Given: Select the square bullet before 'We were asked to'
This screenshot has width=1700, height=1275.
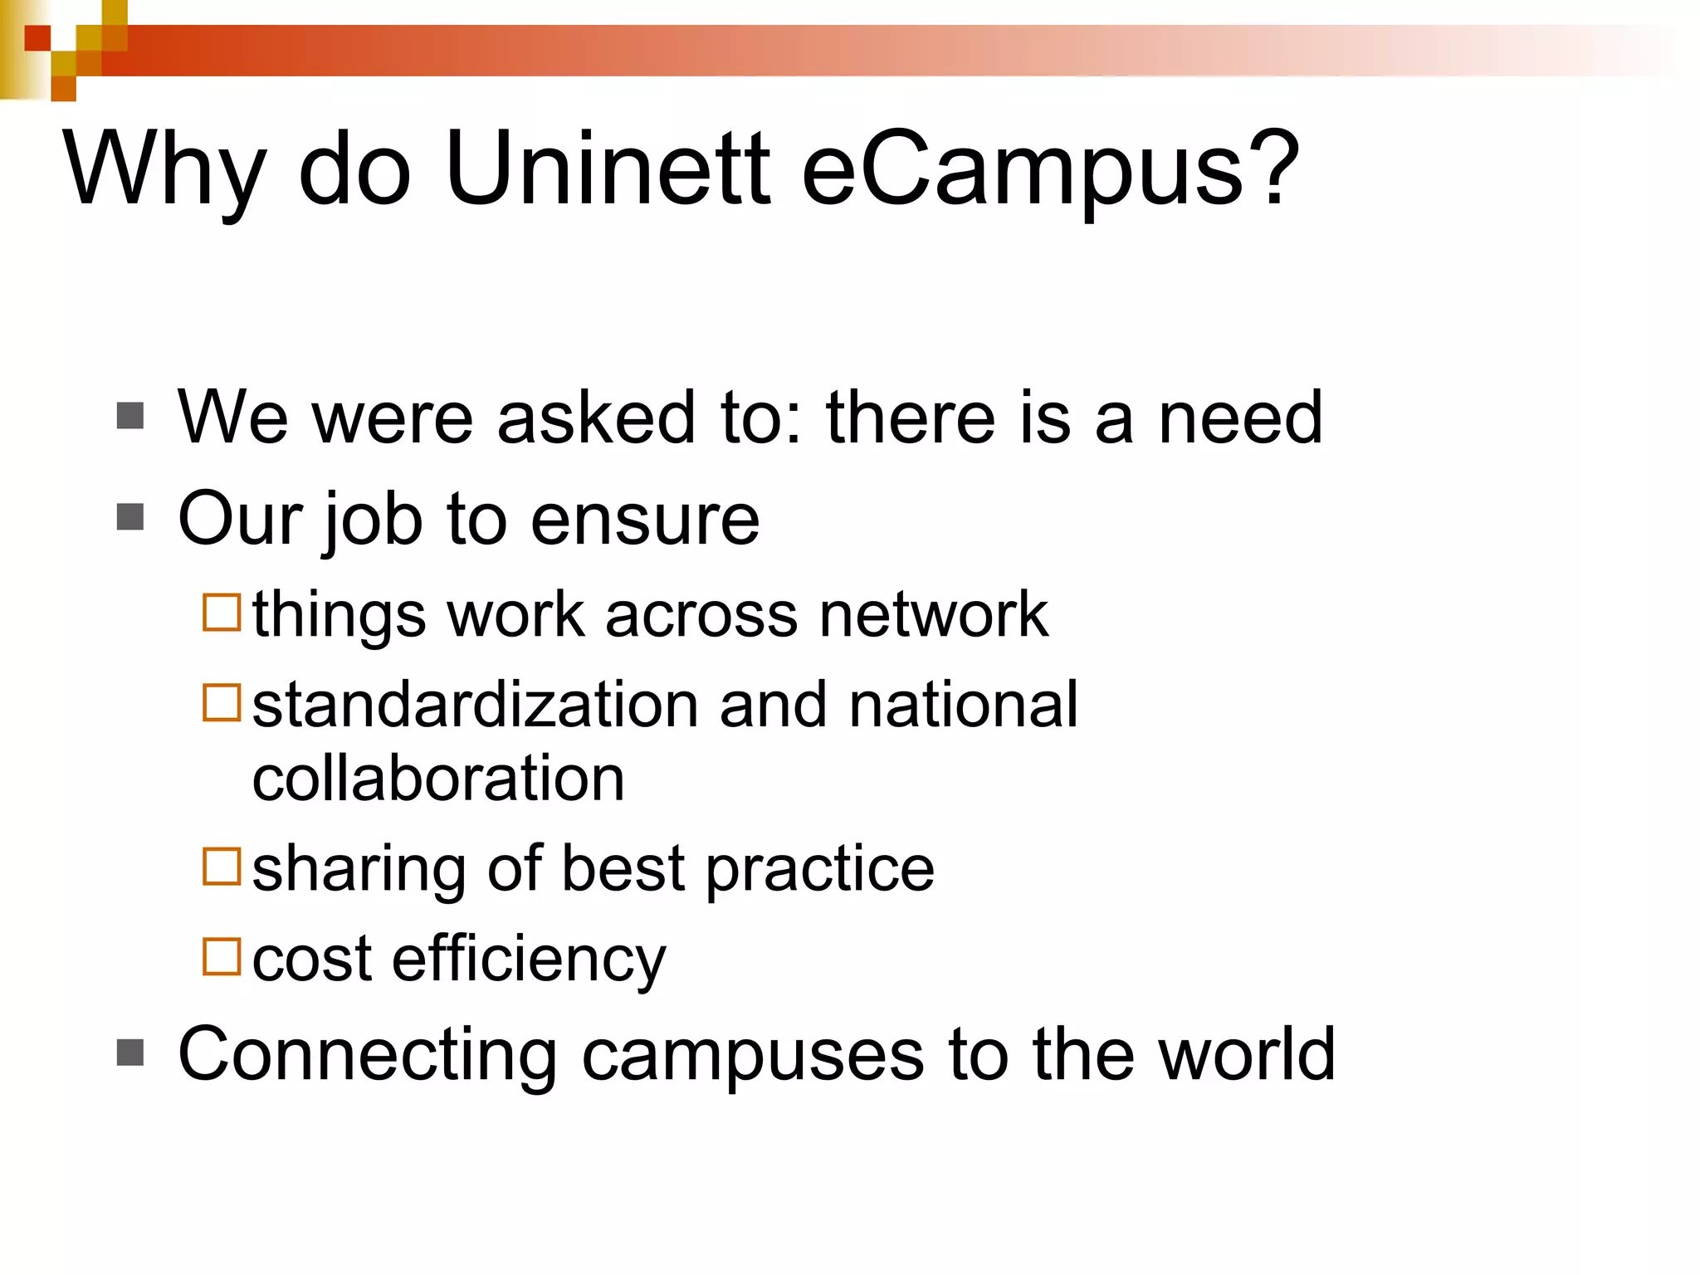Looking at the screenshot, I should [130, 416].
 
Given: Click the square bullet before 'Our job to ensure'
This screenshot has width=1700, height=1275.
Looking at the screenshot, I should [130, 517].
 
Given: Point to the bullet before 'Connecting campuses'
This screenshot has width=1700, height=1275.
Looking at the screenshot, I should [130, 1053].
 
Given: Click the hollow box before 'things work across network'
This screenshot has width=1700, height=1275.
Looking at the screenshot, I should [222, 613].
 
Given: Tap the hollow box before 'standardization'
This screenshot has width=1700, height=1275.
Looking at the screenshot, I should [222, 702].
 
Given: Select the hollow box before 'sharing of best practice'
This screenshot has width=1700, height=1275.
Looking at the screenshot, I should [222, 867].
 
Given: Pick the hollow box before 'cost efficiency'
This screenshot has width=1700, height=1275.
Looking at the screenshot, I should [222, 956].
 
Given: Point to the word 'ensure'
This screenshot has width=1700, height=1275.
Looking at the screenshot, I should [645, 520].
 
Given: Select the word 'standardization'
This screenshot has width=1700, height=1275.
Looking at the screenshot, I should [474, 705].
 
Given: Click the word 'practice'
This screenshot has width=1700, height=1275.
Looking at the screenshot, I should [820, 869].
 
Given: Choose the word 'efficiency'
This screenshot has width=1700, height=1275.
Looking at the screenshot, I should [529, 959].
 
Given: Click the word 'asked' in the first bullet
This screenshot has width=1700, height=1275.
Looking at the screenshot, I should [595, 418].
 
